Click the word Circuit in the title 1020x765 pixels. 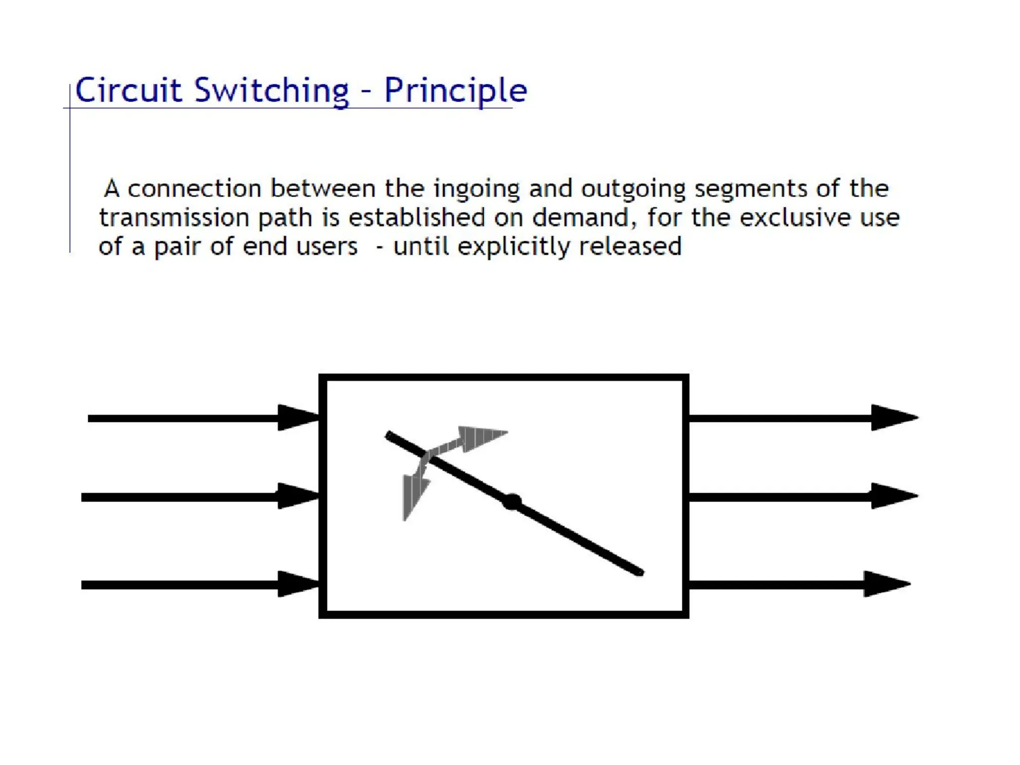coord(128,91)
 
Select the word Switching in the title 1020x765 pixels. coord(272,91)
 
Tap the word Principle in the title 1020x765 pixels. coord(455,91)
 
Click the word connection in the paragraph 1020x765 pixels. coord(194,189)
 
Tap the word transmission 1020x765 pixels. coord(174,218)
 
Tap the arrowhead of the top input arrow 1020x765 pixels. coord(298,417)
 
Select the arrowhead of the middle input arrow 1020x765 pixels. coord(298,496)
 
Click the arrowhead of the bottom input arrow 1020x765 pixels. coord(298,584)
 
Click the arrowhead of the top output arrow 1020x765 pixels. coord(893,417)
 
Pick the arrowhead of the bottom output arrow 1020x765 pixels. coord(886,584)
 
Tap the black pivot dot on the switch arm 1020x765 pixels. coord(512,502)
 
